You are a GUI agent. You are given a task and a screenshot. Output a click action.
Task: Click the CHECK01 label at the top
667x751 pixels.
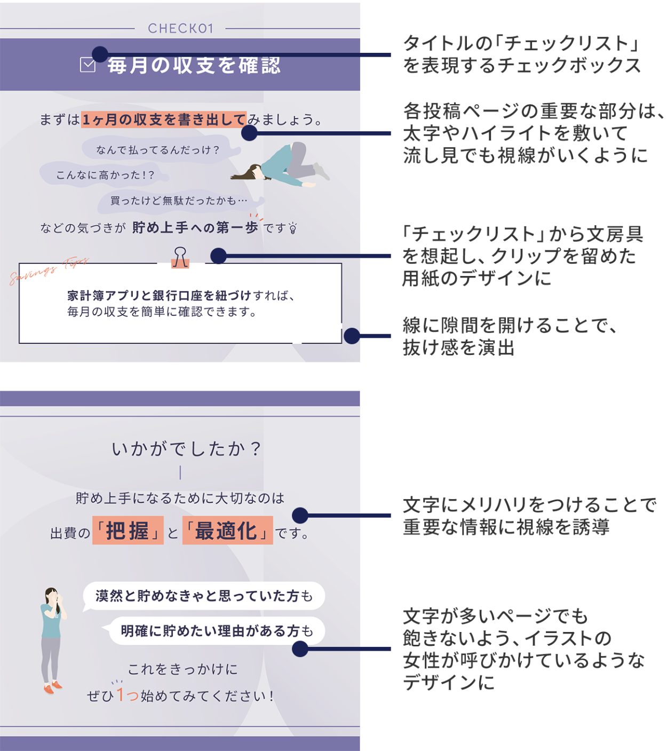pos(180,28)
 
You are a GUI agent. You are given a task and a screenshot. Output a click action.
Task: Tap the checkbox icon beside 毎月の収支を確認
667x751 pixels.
pos(88,65)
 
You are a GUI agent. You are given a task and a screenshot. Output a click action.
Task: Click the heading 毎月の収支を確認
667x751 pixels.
pos(194,65)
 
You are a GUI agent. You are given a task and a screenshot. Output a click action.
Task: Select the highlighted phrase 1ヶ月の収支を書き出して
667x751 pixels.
pos(163,119)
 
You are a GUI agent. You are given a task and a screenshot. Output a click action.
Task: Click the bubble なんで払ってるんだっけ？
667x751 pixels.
pos(158,150)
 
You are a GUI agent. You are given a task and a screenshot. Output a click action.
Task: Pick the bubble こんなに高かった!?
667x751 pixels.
pos(105,175)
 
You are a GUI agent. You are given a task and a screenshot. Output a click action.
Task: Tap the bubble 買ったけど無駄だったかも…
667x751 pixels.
pos(179,201)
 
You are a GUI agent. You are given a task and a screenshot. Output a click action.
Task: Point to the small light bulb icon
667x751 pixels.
pos(293,228)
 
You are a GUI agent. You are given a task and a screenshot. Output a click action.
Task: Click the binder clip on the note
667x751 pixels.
pos(180,257)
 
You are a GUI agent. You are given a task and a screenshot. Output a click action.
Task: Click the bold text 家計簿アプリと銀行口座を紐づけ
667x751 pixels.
pos(159,295)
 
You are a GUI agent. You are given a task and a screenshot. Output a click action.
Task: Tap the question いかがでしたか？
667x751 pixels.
pos(186,449)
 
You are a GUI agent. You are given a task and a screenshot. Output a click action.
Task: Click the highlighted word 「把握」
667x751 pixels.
pos(128,531)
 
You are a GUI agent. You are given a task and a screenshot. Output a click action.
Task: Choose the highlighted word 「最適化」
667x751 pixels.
pos(227,531)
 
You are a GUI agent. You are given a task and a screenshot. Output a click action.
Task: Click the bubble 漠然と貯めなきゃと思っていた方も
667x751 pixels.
pos(204,596)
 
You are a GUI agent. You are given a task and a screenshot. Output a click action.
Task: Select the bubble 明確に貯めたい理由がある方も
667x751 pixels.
pos(217,631)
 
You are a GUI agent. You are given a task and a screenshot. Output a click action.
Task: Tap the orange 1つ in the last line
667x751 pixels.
pos(127,695)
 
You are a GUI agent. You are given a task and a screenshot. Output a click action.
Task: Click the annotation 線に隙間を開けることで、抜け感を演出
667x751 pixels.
pos(510,336)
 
